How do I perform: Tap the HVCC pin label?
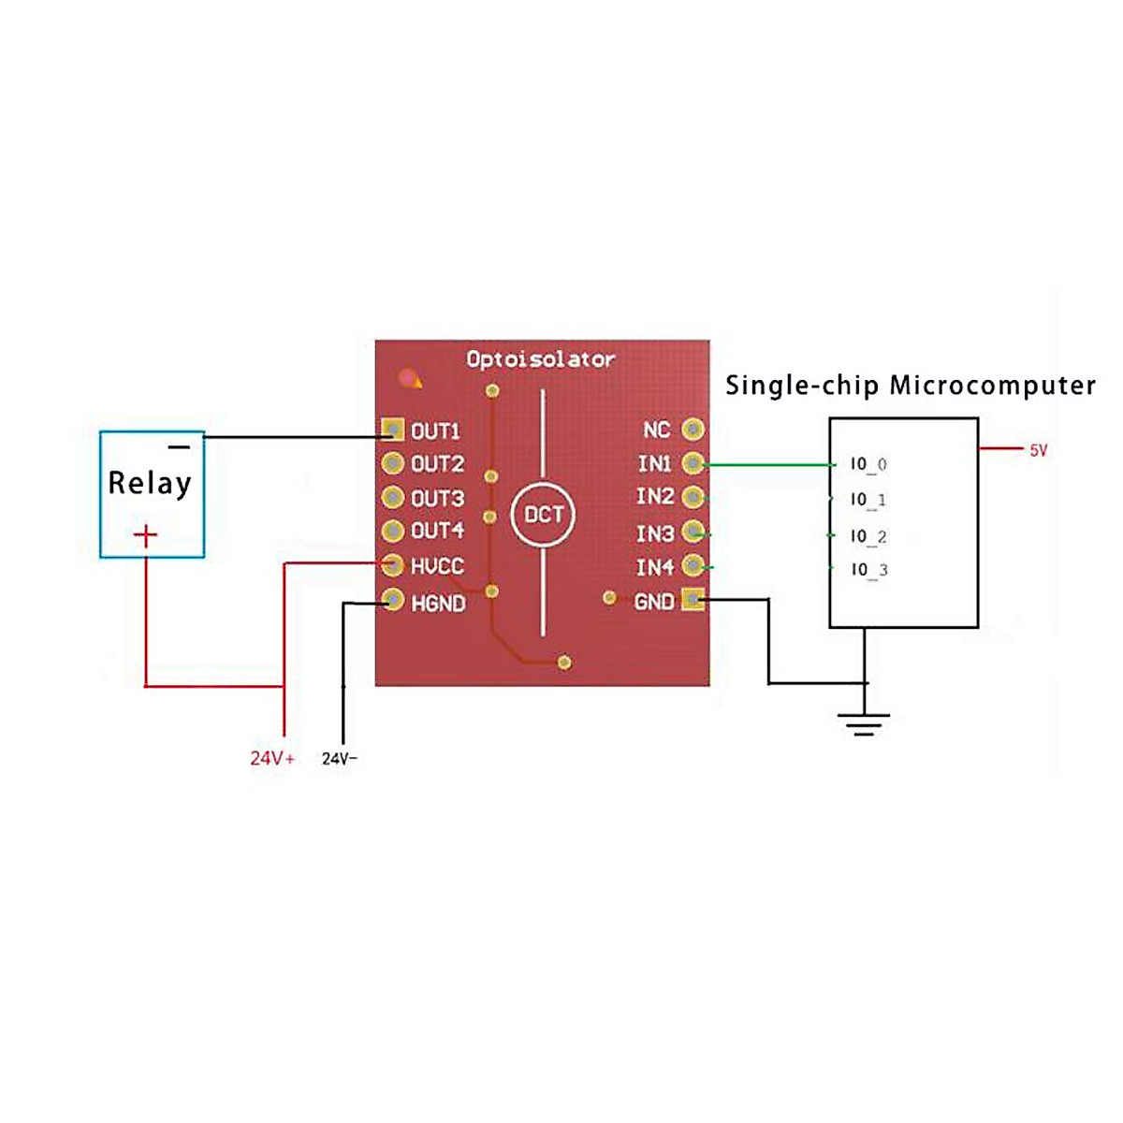tap(437, 566)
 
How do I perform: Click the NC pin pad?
tap(693, 430)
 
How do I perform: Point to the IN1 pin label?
tap(654, 463)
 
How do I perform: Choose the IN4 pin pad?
tap(693, 565)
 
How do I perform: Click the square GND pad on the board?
tap(693, 600)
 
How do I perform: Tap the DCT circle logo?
tap(543, 515)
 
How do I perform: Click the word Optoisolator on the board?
tap(540, 359)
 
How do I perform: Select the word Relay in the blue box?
tap(150, 483)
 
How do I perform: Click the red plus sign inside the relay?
tap(145, 535)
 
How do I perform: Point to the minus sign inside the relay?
tap(180, 447)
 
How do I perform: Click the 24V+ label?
tap(272, 758)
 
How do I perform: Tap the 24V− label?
tap(340, 758)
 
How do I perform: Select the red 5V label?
tap(1038, 450)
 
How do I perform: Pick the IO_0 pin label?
tap(868, 464)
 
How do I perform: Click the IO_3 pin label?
tap(868, 570)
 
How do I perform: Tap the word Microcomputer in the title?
tap(992, 386)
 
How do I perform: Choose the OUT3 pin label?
tap(437, 498)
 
